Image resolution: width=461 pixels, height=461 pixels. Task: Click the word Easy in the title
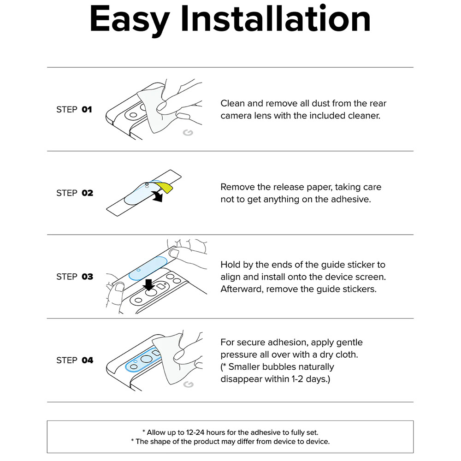pos(130,20)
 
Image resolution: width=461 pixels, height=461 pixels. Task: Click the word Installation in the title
pos(276,18)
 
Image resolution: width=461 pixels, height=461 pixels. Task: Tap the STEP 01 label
pos(74,110)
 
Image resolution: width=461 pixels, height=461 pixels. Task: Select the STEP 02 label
pos(75,193)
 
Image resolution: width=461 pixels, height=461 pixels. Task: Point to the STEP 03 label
pos(75,277)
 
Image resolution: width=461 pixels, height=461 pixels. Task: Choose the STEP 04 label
pos(75,360)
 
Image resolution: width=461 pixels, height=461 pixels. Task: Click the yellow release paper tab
pos(165,188)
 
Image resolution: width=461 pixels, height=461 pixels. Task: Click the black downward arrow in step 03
pos(149,284)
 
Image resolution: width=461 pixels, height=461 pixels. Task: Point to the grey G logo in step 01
pos(188,133)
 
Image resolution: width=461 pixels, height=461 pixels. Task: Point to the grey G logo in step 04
pos(188,384)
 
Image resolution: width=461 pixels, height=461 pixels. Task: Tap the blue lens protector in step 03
pos(148,268)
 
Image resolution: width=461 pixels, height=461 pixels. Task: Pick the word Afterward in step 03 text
pos(242,289)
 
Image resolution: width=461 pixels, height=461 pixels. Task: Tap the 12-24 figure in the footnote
pos(195,432)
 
